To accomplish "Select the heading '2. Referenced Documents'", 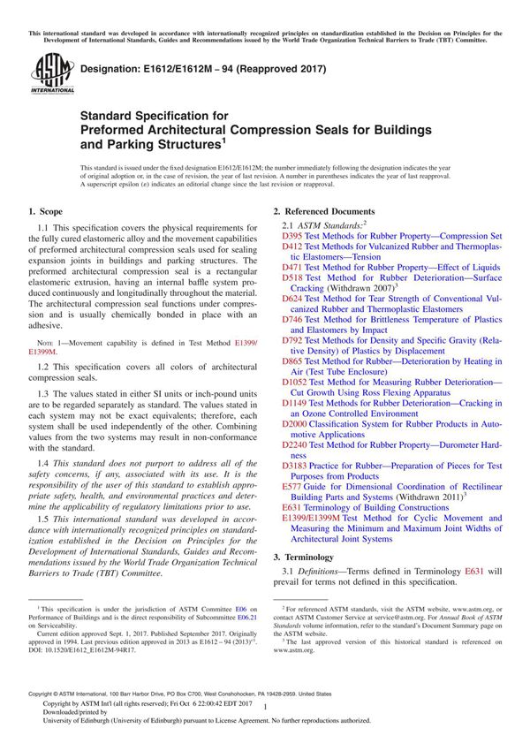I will click(324, 212).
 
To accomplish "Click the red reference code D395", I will click(291, 237).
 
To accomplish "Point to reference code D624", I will click(291, 299).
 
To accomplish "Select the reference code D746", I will click(291, 319).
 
